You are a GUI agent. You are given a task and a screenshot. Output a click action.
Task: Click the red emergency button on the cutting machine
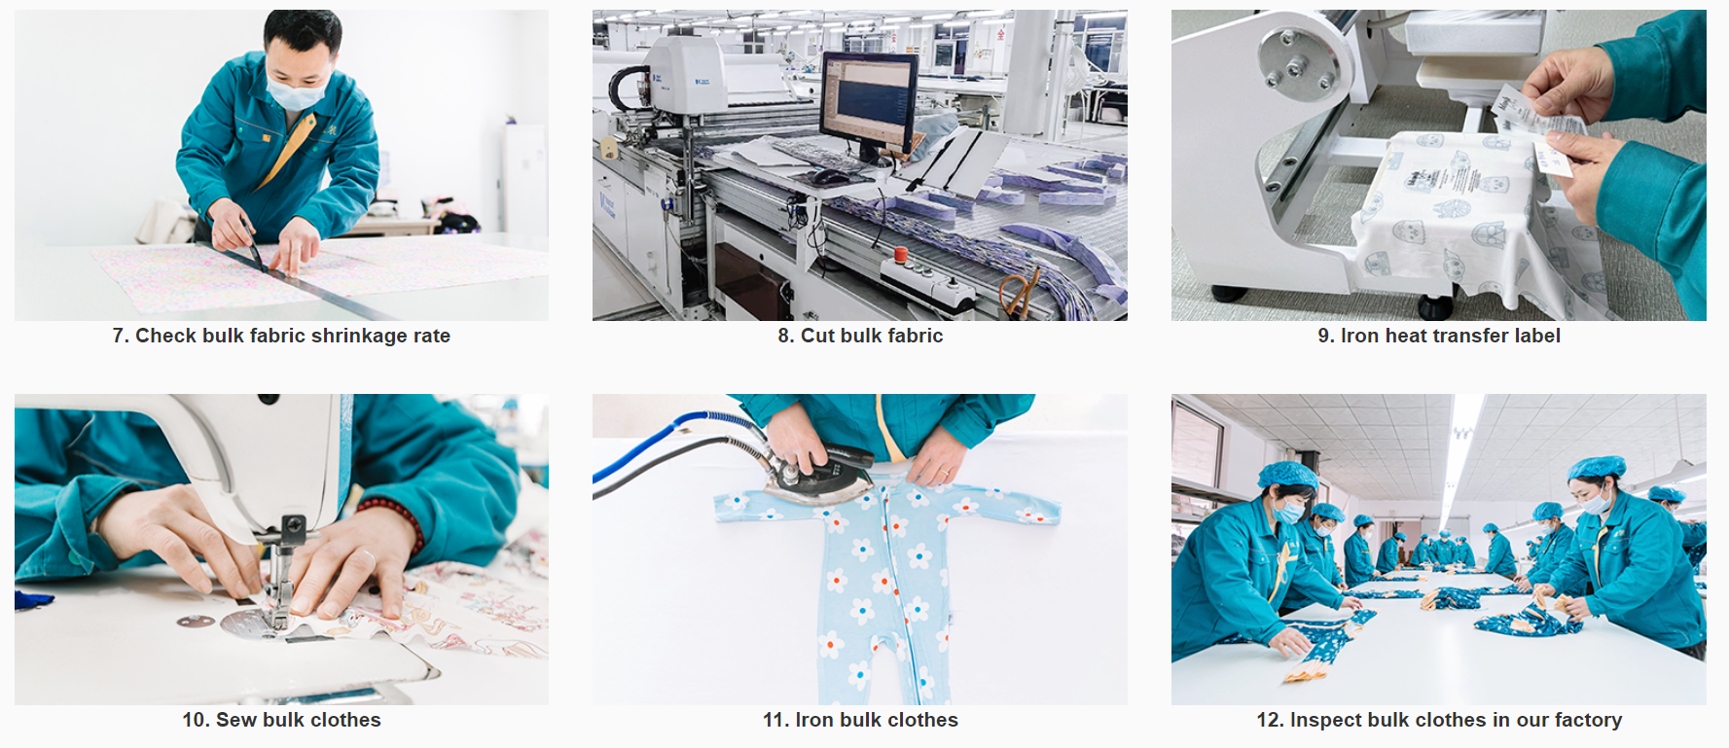point(901,255)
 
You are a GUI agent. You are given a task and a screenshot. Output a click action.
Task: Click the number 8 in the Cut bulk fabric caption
point(784,336)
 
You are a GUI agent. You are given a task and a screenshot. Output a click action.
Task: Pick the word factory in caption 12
point(1588,721)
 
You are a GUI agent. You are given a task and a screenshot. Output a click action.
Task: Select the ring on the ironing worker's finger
point(943,474)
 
